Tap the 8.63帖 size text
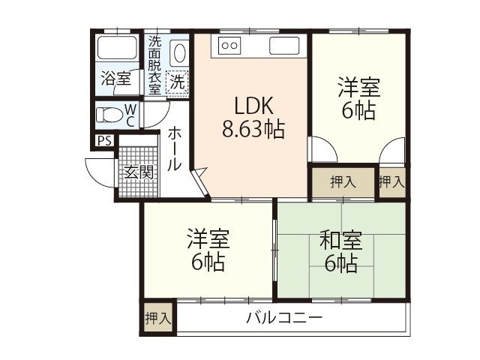point(252,130)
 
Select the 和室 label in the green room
point(341,241)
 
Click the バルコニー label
point(284,317)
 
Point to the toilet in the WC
point(112,115)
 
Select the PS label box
point(103,140)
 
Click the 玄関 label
point(139,172)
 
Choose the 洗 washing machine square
point(177,80)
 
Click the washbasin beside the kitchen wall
point(180,53)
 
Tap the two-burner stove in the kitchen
point(229,46)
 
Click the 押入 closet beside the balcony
point(157,317)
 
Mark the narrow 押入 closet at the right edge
point(391,181)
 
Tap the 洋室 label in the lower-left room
point(208,241)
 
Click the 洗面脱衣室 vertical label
point(154,64)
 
